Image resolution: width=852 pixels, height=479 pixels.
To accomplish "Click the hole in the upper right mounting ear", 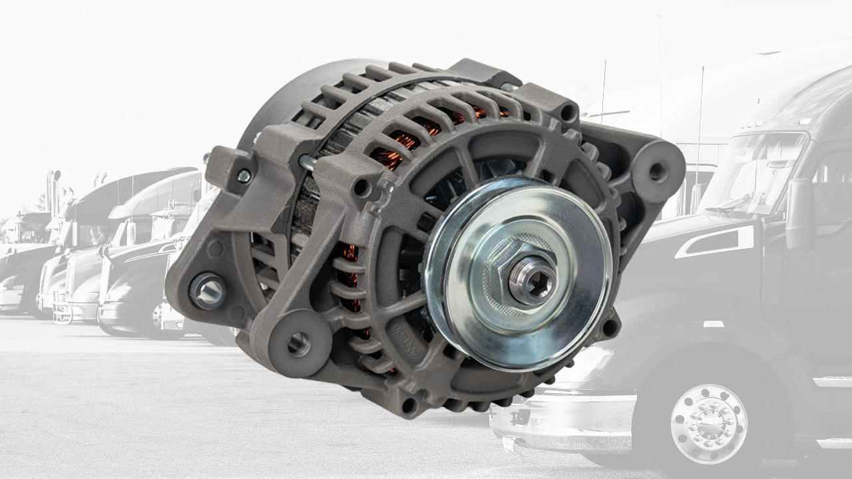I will [656, 171].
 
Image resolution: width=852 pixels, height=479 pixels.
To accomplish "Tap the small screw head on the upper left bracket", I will [244, 176].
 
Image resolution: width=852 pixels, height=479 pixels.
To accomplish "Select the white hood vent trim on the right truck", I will [716, 241].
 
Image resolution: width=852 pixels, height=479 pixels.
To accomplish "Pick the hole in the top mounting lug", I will [566, 113].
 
